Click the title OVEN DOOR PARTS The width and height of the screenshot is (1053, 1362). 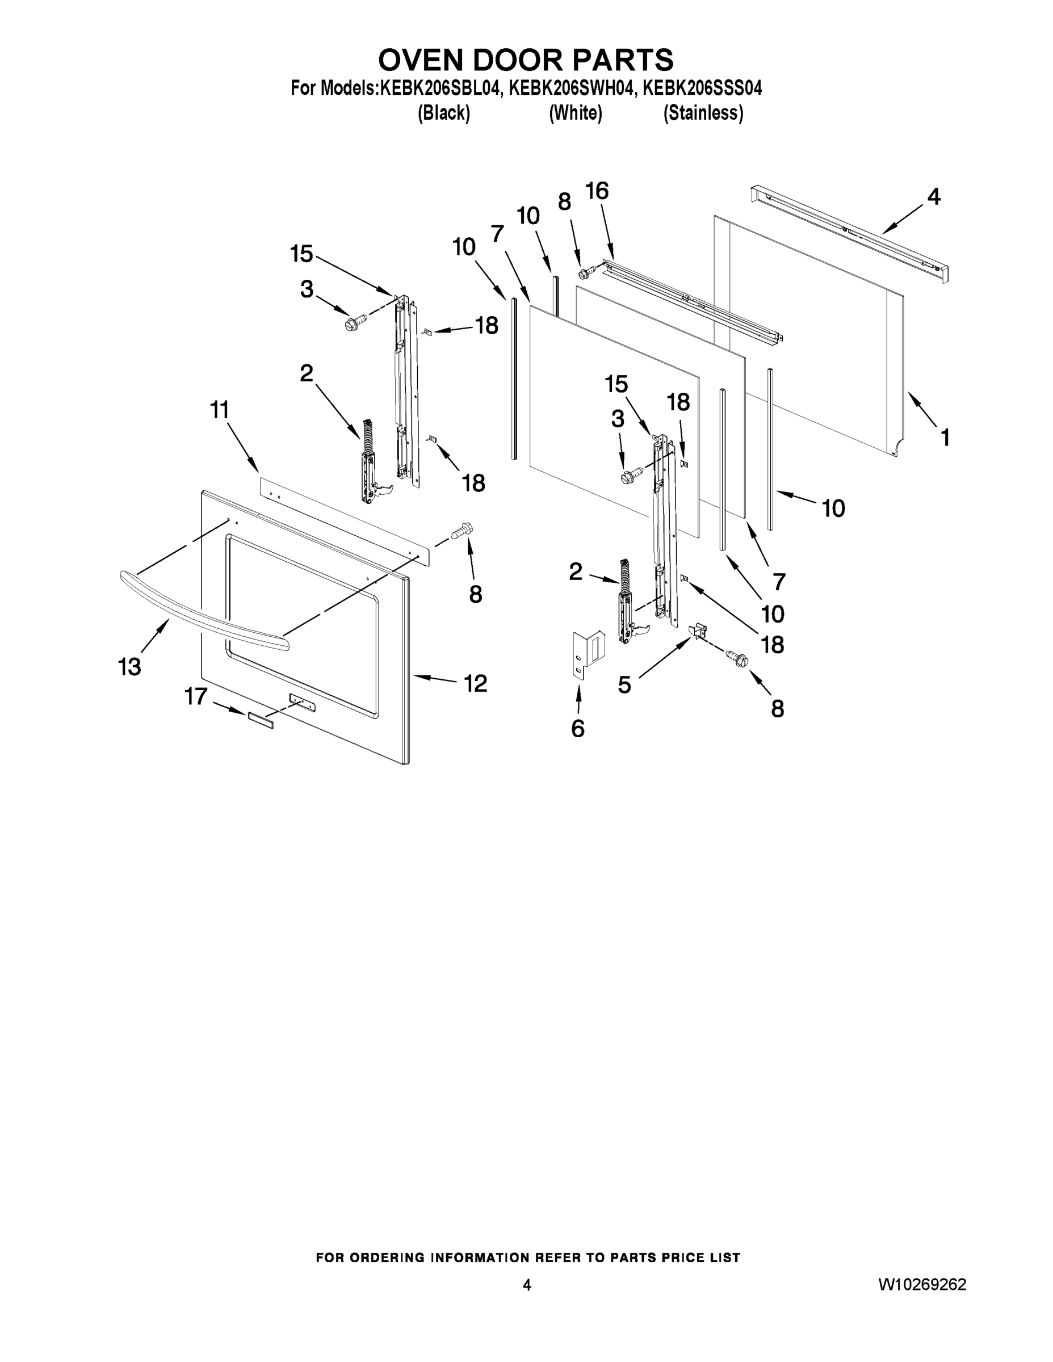click(526, 60)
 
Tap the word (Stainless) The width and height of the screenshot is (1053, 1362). click(703, 113)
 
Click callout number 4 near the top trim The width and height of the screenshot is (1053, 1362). click(933, 196)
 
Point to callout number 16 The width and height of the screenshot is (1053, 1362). click(597, 191)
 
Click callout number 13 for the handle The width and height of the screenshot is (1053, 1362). click(130, 667)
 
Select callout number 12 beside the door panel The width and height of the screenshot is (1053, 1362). click(475, 683)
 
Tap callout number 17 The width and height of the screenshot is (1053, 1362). click(196, 696)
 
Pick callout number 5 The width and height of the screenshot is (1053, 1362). click(624, 685)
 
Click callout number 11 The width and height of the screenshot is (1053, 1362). click(220, 410)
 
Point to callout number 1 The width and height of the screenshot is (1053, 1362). click(945, 437)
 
